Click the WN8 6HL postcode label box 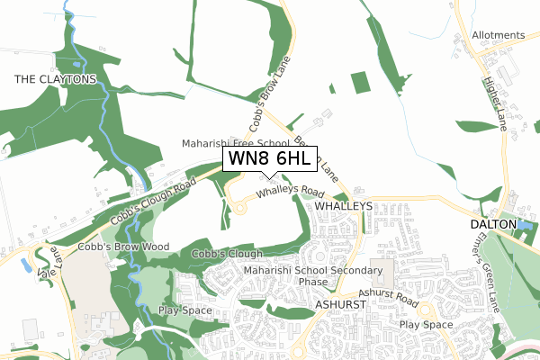(269, 159)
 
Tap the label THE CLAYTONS (55, 79)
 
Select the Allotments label (497, 35)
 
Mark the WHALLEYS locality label (343, 206)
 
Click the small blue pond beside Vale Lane (25, 266)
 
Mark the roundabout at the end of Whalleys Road (240, 209)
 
